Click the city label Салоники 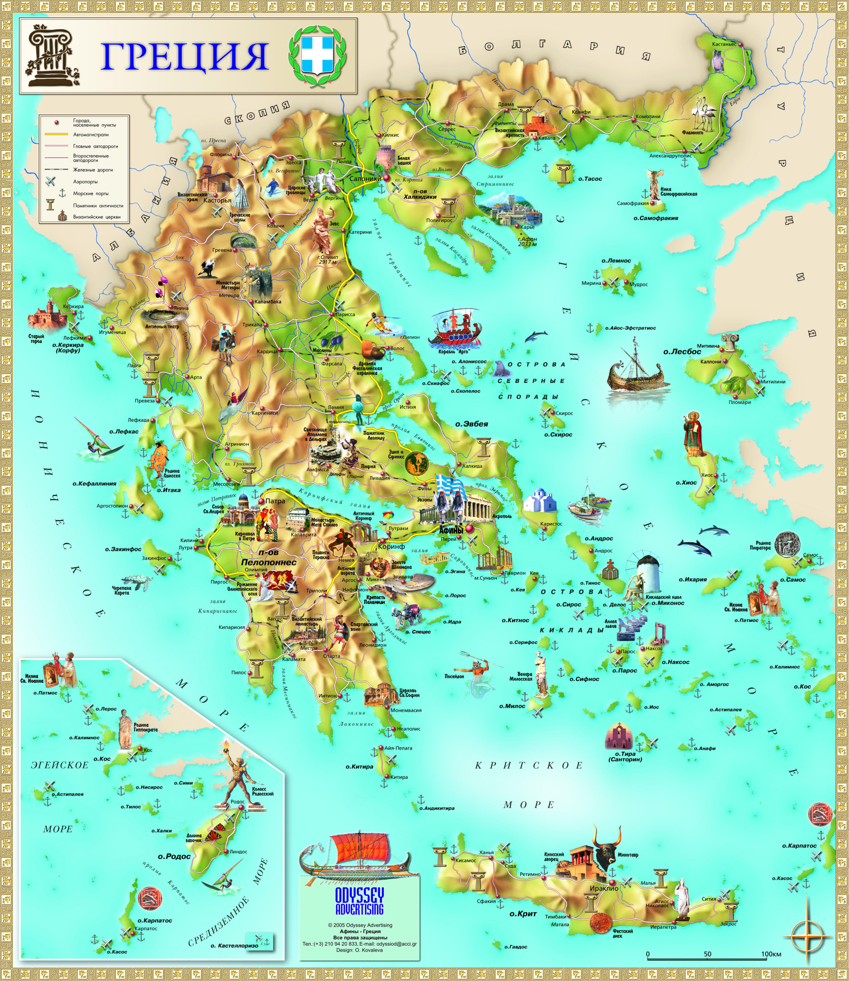[365, 179]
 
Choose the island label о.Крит [523, 914]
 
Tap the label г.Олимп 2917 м [328, 259]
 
